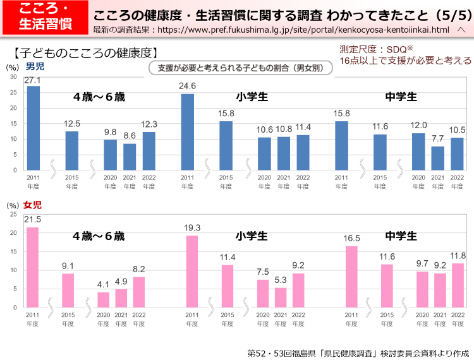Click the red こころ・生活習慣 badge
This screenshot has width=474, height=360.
coord(44,17)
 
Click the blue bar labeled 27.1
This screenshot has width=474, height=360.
coord(33,128)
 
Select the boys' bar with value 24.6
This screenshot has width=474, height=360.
coord(188,132)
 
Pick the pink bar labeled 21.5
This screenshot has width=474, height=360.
coord(33,267)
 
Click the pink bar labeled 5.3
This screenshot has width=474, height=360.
coord(281,297)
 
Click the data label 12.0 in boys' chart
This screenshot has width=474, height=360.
coord(418,125)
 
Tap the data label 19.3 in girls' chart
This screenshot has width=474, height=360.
coord(192,228)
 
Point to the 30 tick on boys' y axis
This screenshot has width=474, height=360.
coord(13,77)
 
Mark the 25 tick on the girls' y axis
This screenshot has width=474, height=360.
coord(13,215)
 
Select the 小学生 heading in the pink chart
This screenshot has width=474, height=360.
coord(252,236)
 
